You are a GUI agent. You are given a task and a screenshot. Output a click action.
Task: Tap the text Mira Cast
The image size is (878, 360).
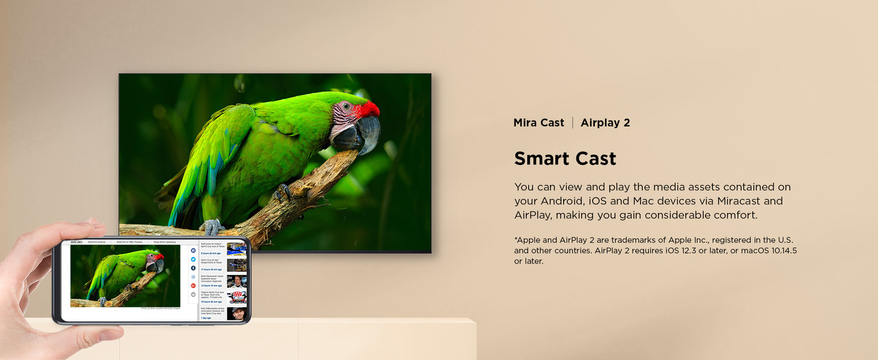(539, 122)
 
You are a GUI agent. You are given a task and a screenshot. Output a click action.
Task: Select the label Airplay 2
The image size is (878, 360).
(605, 122)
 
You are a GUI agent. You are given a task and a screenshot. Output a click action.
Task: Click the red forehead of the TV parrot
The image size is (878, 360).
(366, 109)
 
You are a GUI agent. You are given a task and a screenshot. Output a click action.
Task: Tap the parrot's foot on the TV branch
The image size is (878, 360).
(211, 227)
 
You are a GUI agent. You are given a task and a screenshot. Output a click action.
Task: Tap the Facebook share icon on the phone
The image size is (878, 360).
(194, 250)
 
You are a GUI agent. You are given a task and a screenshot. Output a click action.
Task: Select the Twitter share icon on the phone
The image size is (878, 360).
(194, 259)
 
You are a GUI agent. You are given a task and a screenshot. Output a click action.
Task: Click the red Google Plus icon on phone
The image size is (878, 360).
(194, 286)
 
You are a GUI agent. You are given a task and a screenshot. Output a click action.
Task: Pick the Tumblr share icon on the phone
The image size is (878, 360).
(194, 268)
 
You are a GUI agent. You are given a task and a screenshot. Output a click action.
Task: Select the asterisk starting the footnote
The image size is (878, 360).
(516, 239)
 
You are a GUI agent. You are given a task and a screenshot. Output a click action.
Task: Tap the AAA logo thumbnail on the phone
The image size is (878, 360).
(237, 297)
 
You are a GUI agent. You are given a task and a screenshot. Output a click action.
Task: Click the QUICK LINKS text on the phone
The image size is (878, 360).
(77, 242)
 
